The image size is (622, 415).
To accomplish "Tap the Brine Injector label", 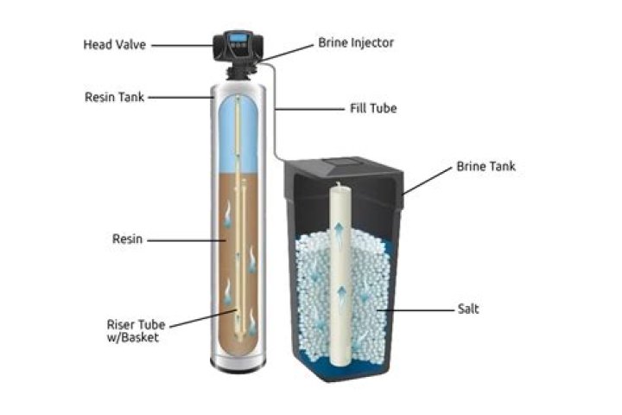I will tap(358, 41).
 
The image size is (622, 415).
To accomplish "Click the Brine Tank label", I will tap(486, 166).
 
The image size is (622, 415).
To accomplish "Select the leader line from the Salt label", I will tap(415, 308).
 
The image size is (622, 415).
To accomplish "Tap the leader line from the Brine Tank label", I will tap(424, 182).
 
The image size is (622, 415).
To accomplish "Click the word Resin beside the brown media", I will tap(126, 239).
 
